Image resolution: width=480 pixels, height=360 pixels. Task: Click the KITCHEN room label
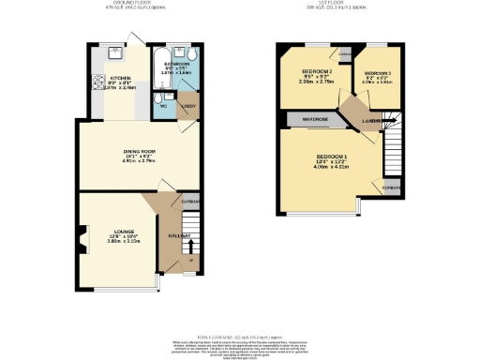tap(119, 80)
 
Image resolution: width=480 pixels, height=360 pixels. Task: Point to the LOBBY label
tap(187, 107)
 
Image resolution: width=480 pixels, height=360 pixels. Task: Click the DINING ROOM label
tap(139, 151)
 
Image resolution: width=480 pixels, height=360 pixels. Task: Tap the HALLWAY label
tap(178, 234)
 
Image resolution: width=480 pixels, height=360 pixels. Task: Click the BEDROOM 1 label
tap(332, 155)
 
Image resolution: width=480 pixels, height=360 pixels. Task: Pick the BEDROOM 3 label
tap(378, 73)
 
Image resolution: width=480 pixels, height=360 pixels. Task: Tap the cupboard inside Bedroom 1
tap(389, 187)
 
